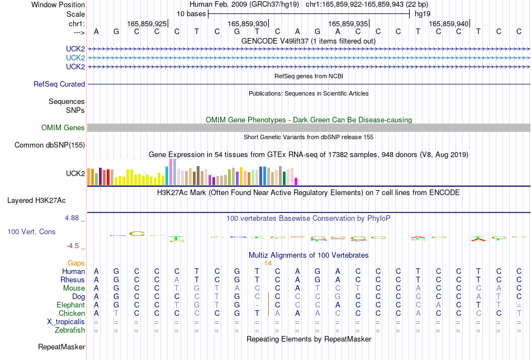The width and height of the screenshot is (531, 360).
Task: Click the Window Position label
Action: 58,4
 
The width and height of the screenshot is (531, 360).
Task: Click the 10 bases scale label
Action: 191,14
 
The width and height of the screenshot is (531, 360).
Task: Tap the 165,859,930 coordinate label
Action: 248,23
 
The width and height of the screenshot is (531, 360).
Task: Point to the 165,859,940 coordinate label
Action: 449,23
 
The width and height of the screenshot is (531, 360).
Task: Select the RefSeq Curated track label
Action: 59,84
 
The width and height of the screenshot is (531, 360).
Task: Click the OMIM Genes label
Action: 63,127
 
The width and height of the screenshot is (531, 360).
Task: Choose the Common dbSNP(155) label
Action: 50,145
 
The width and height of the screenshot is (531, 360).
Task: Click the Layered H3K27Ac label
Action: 36,201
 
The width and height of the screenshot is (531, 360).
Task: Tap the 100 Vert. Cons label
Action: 31,231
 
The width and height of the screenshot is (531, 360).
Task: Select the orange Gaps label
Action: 76,263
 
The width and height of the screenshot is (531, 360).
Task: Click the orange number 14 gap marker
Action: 268,263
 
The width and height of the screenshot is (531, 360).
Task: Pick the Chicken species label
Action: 72,313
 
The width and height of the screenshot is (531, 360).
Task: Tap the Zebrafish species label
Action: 70,330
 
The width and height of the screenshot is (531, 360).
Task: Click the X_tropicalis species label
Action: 66,322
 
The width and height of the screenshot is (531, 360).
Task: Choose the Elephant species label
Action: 71,305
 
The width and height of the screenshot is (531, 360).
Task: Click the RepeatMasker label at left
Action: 61,347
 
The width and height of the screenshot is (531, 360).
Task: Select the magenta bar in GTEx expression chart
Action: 296,182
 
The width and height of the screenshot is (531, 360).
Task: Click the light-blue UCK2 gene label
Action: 75,58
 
